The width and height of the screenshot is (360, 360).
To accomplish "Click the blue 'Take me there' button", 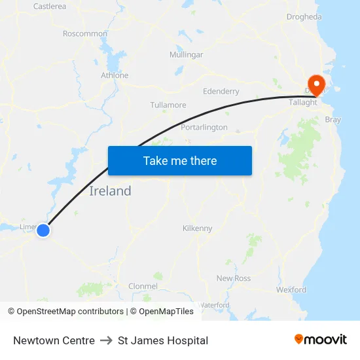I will coord(180,160).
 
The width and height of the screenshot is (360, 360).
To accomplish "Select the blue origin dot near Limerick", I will coord(43,230).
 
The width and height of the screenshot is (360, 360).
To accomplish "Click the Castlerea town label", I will coord(50,7).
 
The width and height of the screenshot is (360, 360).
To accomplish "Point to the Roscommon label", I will coord(85,33).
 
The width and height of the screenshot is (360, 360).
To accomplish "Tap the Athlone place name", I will coord(115,75).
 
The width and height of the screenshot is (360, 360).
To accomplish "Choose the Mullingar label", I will coord(186,54).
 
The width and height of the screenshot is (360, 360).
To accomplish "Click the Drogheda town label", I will coord(304,17).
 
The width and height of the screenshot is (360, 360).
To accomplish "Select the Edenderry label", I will coord(221,92).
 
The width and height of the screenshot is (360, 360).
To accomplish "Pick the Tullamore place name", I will coord(168,105).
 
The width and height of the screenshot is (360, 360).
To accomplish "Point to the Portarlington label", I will coord(204,127).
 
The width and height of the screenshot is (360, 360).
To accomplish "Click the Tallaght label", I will coord(303,102).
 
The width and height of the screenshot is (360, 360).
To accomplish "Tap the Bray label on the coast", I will coord(333,120).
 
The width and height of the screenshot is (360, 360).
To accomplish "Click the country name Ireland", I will coord(110,191).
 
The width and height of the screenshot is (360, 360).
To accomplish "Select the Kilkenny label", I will coord(197,228).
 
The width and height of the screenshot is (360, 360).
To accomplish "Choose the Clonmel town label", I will coord(143,286).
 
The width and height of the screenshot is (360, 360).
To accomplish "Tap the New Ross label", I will coord(234,278).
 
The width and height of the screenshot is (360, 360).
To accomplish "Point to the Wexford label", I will coord(291,289).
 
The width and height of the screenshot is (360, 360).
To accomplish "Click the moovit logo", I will coord(321,340).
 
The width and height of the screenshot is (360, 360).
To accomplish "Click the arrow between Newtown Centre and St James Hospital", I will coord(106,340).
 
